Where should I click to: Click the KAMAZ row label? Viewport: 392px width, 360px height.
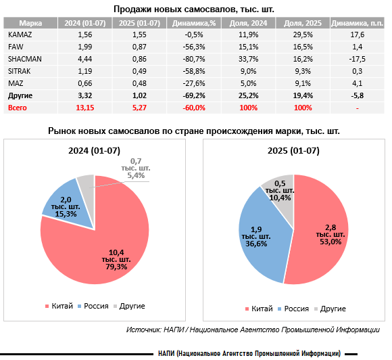tap(20, 35)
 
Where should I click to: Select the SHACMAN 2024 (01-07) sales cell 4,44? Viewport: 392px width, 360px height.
tap(85, 59)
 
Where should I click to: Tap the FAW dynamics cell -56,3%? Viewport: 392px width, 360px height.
tap(194, 47)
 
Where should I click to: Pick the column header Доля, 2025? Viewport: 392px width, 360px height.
tap(303, 23)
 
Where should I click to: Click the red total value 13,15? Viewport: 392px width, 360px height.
tap(85, 108)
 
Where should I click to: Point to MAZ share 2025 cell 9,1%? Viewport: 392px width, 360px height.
tap(303, 83)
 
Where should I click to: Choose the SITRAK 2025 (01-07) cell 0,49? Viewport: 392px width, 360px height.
tap(139, 71)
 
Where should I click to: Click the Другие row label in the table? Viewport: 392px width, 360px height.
tap(20, 95)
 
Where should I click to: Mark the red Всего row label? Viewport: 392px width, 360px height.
tap(18, 108)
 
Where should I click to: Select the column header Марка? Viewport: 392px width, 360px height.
tap(30, 23)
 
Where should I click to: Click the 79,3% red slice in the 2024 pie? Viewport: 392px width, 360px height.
tap(100, 250)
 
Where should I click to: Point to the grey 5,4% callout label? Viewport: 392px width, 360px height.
tap(136, 168)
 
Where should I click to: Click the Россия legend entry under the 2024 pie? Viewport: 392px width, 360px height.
tap(93, 306)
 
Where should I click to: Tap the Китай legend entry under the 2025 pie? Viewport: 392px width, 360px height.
tap(259, 309)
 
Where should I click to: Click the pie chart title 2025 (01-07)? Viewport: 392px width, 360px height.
tap(293, 150)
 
